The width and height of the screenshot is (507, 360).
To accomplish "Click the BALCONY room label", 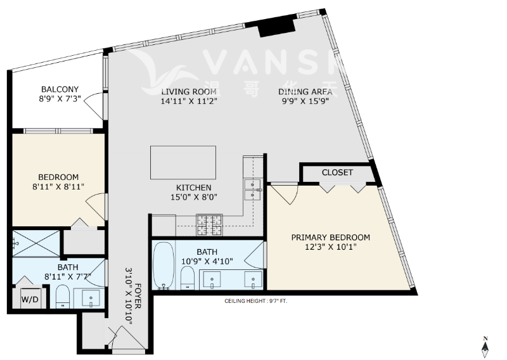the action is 60,89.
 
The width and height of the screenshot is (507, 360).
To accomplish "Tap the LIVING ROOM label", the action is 189,91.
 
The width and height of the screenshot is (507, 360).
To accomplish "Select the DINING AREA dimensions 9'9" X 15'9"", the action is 305,101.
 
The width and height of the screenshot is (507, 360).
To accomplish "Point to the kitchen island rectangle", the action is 183,162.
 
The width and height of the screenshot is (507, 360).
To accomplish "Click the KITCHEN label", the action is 194,188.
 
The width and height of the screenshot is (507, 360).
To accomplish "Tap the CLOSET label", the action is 337,172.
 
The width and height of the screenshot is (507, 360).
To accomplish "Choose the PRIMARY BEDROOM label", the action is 330,238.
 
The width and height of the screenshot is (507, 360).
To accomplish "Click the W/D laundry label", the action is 30,299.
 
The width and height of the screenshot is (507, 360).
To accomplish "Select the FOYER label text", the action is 138,296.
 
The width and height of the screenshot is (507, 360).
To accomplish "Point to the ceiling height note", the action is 256,301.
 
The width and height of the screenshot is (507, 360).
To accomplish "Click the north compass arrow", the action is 485,348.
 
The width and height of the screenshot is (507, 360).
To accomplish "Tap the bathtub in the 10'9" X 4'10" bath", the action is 164,265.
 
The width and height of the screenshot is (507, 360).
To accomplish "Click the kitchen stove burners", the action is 210,225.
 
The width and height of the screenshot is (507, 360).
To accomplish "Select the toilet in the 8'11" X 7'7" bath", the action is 63,296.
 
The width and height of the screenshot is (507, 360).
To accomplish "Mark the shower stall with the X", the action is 36,243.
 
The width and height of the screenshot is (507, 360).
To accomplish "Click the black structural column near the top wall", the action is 277,27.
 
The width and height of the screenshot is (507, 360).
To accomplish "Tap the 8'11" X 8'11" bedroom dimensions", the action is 58,186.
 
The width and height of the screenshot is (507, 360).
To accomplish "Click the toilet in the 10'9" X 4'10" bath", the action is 187,278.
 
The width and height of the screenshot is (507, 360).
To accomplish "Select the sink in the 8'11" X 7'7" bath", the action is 91,298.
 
